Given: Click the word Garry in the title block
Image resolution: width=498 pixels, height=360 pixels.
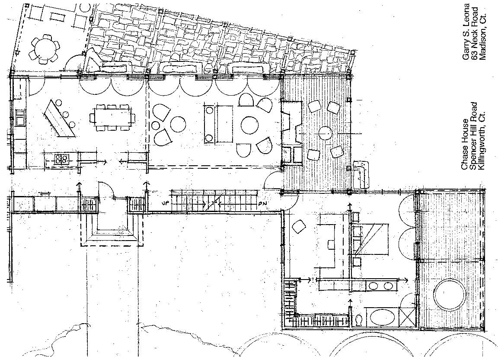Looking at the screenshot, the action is tap(466, 51).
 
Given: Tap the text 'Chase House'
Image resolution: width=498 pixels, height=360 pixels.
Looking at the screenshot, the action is tap(465, 145).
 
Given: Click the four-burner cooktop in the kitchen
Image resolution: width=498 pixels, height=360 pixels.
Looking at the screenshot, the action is tap(62, 158).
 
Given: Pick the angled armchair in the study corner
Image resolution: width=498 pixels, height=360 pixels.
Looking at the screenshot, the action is tap(299, 227).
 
